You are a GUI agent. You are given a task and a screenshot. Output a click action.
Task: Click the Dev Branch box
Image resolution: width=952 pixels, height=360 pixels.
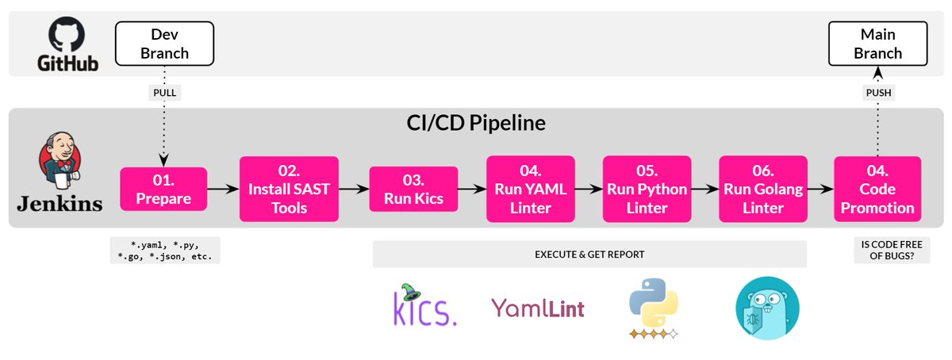coord(164,44)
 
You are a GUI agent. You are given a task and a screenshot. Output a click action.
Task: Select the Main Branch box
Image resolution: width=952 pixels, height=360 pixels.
coord(877,44)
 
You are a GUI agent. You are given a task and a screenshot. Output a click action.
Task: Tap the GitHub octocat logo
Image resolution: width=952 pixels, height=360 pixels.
coord(67,36)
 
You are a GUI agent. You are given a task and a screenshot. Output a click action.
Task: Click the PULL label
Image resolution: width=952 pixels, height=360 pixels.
coord(164,93)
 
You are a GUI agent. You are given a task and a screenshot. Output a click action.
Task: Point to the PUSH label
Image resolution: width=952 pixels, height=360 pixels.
coord(877,93)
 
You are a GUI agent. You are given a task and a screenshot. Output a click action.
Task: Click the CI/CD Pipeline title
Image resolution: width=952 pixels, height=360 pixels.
coord(475,124)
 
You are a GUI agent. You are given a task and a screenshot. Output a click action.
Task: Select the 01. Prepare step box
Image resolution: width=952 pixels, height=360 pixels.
coord(163,189)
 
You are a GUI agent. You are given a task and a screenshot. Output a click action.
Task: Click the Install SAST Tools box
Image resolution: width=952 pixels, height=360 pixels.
coord(284,189)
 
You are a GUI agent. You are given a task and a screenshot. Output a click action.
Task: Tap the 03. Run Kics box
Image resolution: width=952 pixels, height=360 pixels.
coord(413,189)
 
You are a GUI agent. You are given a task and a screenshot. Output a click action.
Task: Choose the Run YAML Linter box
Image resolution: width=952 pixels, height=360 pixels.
coord(530,189)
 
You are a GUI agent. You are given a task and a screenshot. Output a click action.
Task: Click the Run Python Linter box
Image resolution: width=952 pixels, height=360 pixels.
coord(647,189)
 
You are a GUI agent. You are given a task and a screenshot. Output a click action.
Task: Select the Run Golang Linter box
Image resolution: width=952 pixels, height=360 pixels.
coord(762,189)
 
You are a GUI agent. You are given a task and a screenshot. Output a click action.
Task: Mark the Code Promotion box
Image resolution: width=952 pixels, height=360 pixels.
coord(877,189)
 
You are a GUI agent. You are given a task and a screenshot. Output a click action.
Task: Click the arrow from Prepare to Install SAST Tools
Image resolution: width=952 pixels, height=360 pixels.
coord(223,190)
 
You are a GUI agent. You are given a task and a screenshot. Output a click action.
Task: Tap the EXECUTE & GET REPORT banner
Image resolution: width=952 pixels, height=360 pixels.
coord(589,255)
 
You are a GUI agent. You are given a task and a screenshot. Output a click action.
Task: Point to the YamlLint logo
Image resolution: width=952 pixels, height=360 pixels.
coord(538,308)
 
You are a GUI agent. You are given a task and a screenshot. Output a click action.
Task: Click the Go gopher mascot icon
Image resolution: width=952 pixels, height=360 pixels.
coord(767,308)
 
